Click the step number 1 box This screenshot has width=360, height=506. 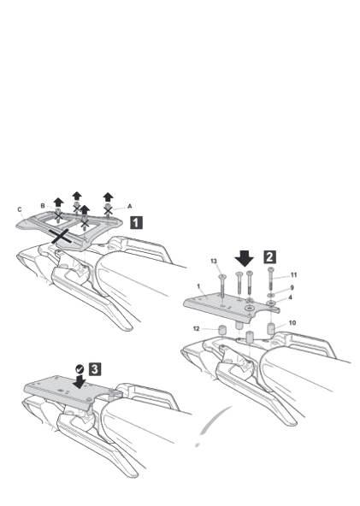pyautogui.click(x=137, y=223)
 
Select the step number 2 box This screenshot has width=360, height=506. pyautogui.click(x=270, y=257)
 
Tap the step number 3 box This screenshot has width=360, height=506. pyautogui.click(x=95, y=369)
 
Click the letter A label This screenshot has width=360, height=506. pyautogui.click(x=130, y=206)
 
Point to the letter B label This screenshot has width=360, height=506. pyautogui.click(x=43, y=206)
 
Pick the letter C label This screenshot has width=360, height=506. pyautogui.click(x=20, y=209)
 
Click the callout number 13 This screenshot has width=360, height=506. pyautogui.click(x=214, y=261)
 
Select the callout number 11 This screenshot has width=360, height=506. pyautogui.click(x=293, y=275)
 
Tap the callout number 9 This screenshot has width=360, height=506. pyautogui.click(x=292, y=287)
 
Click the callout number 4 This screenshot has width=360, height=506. pyautogui.click(x=290, y=297)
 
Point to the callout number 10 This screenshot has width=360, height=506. pyautogui.click(x=292, y=323)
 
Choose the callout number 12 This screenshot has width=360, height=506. pyautogui.click(x=197, y=329)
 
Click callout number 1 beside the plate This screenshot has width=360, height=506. pyautogui.click(x=198, y=286)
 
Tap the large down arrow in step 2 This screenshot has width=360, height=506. pyautogui.click(x=245, y=258)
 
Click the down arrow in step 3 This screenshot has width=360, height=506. pyautogui.click(x=80, y=380)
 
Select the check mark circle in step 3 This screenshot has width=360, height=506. pyautogui.click(x=80, y=369)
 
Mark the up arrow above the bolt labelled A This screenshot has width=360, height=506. pyautogui.click(x=108, y=197)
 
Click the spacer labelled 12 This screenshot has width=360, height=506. pyautogui.click(x=221, y=330)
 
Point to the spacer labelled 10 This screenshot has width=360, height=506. pyautogui.click(x=270, y=329)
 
